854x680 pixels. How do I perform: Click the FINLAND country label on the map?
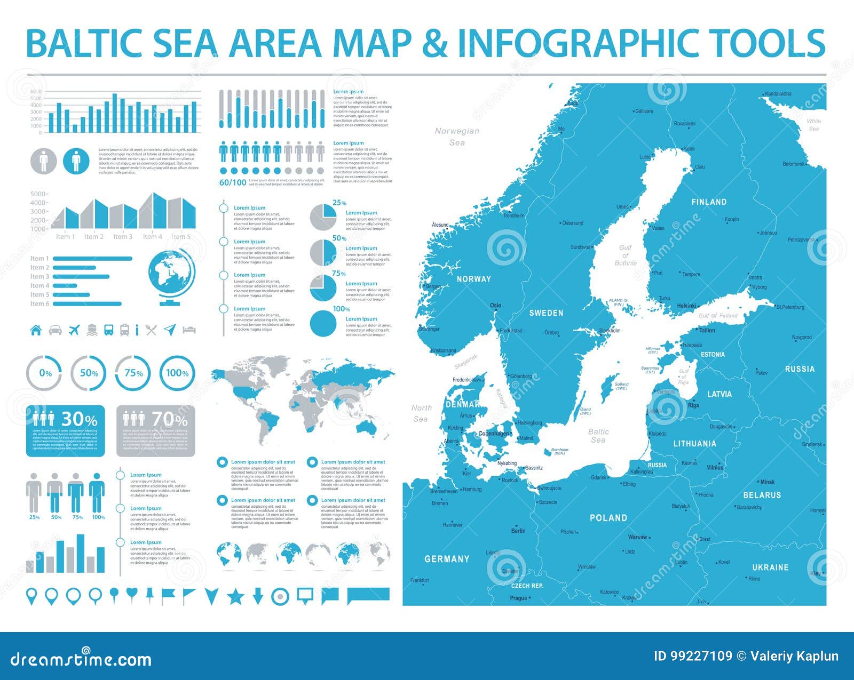point(709,202)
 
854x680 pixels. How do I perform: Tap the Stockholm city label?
point(610,331)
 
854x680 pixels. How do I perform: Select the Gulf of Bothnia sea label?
point(625,255)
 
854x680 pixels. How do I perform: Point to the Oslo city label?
point(495,306)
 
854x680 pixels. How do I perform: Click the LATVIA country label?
point(719,394)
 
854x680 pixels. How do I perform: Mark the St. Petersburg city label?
point(790,307)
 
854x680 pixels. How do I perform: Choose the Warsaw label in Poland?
point(637,537)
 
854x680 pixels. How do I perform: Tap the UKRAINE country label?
point(770,567)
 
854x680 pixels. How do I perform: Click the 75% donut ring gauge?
point(133,373)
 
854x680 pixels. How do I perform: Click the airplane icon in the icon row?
point(73,330)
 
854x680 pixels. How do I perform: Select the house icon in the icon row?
point(36,330)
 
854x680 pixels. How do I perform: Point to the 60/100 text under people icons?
point(233,182)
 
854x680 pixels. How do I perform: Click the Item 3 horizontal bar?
point(81,277)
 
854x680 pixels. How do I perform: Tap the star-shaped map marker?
point(235,596)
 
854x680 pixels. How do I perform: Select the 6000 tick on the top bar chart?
point(36,92)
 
